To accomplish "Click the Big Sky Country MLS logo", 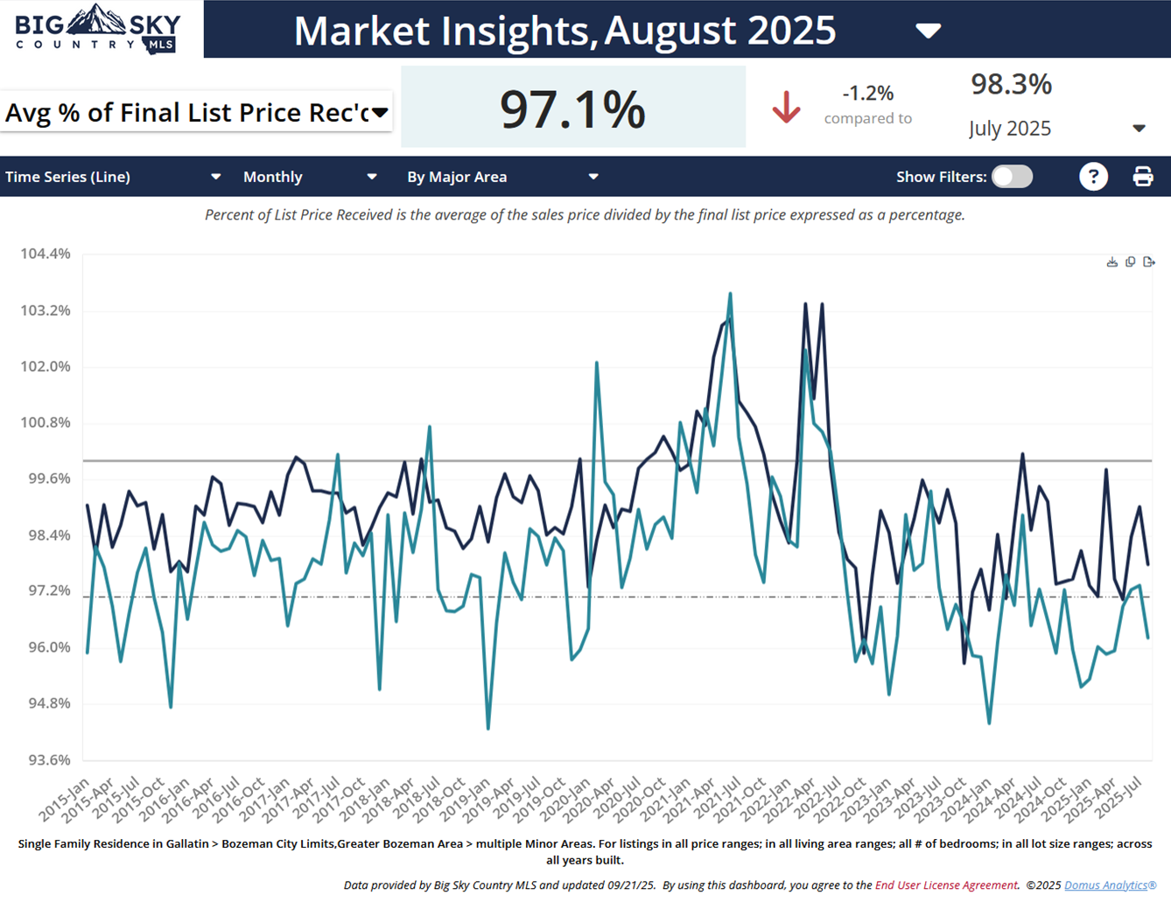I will pos(97,29).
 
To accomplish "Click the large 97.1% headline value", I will pos(572,109).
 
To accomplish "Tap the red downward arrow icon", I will pos(786,107).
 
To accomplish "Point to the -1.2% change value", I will pos(867,93).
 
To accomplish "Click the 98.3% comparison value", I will pos(1011,84).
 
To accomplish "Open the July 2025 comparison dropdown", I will pos(1139,129).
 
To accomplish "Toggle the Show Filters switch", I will pos(1012,177).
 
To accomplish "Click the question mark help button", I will pos(1093,177).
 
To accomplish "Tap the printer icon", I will pos(1143,177).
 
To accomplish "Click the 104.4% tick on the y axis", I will pos(46,254).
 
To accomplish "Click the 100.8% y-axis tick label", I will pos(46,423).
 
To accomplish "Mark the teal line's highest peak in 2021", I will pos(730,295).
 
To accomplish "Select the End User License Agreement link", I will pos(945,885).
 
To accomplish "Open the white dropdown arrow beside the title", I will pos(928,31).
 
